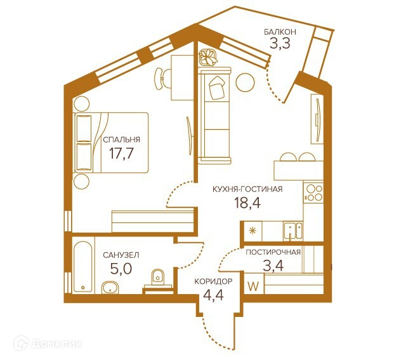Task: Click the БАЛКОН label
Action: coord(280,32)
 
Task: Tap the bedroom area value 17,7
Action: coord(122,153)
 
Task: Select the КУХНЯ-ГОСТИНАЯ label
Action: coord(247,190)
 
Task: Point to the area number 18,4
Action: coord(247,203)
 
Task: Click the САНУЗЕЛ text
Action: coord(121,255)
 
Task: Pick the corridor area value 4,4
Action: coord(214,295)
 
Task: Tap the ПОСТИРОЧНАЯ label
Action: coord(273,252)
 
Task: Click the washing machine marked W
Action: coord(254,286)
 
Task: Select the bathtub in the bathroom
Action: coord(82,266)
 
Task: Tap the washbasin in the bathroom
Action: coord(110,287)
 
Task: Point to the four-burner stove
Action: coord(313,193)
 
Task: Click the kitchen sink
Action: coord(293,231)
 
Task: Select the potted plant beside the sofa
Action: coord(208,58)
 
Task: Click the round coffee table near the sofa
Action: coord(246,82)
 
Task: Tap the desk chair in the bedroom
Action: coord(162,79)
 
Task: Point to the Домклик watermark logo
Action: coord(48,343)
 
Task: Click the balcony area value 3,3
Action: coord(280,44)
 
